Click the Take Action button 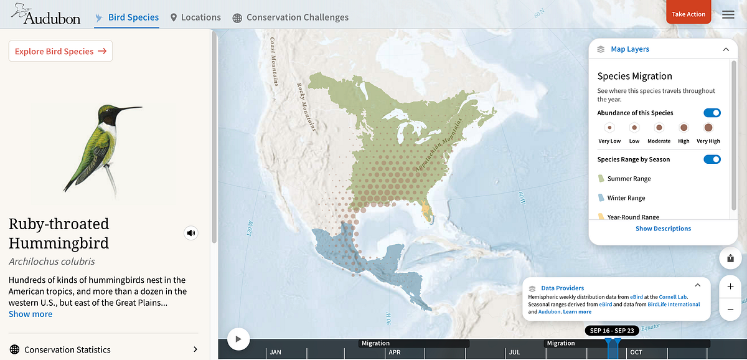(688, 14)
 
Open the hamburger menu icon (728, 15)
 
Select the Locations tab (195, 17)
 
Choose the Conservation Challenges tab (290, 17)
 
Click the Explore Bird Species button (60, 52)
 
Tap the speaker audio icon (191, 234)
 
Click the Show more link (31, 314)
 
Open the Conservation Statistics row (103, 349)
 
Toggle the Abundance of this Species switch (712, 113)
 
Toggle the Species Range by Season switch (712, 159)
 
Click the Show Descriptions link (663, 229)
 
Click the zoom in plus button (730, 287)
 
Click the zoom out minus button (730, 310)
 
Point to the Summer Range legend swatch (601, 179)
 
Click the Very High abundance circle (708, 128)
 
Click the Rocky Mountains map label (306, 106)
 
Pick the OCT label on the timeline (636, 353)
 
